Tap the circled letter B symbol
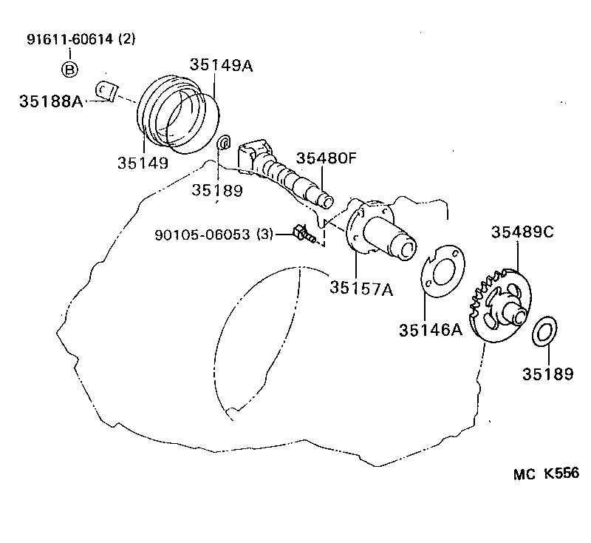(x=69, y=70)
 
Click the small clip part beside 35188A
(x=107, y=90)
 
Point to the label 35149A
(x=221, y=65)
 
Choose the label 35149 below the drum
(x=143, y=162)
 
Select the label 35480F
(x=327, y=158)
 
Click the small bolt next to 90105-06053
(x=304, y=234)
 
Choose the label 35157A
(x=361, y=289)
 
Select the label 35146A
(x=431, y=329)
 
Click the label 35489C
(x=522, y=232)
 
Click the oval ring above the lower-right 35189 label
(x=545, y=331)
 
